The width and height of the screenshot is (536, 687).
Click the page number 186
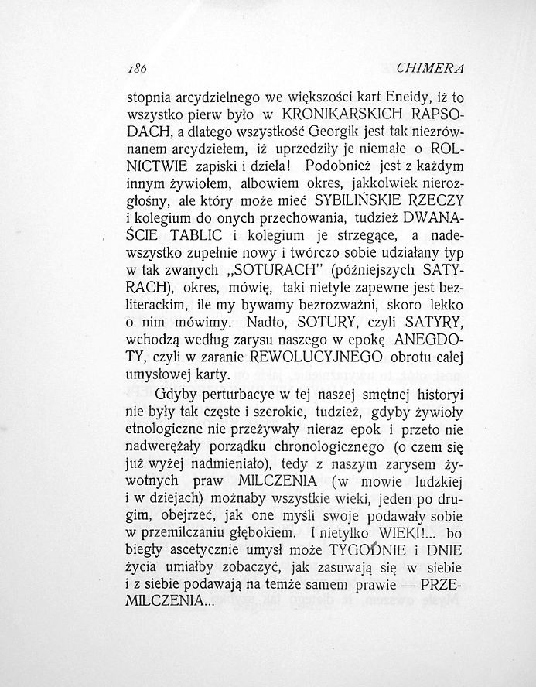[x=136, y=69]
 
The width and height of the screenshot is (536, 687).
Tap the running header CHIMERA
[x=429, y=69]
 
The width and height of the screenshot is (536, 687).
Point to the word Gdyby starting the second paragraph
[x=175, y=397]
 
